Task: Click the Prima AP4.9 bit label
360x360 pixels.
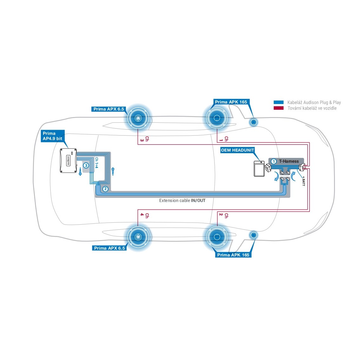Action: pos(53,136)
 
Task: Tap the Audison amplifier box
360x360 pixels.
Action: pos(69,160)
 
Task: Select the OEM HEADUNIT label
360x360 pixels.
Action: pos(238,150)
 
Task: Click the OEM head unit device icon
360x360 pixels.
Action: pos(259,169)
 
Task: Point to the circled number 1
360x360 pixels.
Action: pos(274,161)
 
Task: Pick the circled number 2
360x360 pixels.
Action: pos(105,189)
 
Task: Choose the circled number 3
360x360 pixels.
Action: pos(86,166)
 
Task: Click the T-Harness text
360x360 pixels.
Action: pos(289,161)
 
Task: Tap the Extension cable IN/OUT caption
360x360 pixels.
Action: pos(182,200)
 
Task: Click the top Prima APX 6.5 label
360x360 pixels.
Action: pos(109,109)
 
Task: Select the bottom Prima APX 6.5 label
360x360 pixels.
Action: pos(109,248)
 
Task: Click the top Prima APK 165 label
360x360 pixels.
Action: pos(231,102)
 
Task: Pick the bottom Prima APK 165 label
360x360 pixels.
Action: pos(233,255)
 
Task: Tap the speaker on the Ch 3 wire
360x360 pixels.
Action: pos(138,118)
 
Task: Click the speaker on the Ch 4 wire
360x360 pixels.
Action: pos(138,237)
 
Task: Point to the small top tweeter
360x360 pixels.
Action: pos(254,122)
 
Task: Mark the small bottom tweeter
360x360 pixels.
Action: pos(254,235)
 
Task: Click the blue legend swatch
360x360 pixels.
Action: pos(278,102)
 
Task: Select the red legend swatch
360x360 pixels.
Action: pos(278,108)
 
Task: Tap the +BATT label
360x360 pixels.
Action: pos(303,181)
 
